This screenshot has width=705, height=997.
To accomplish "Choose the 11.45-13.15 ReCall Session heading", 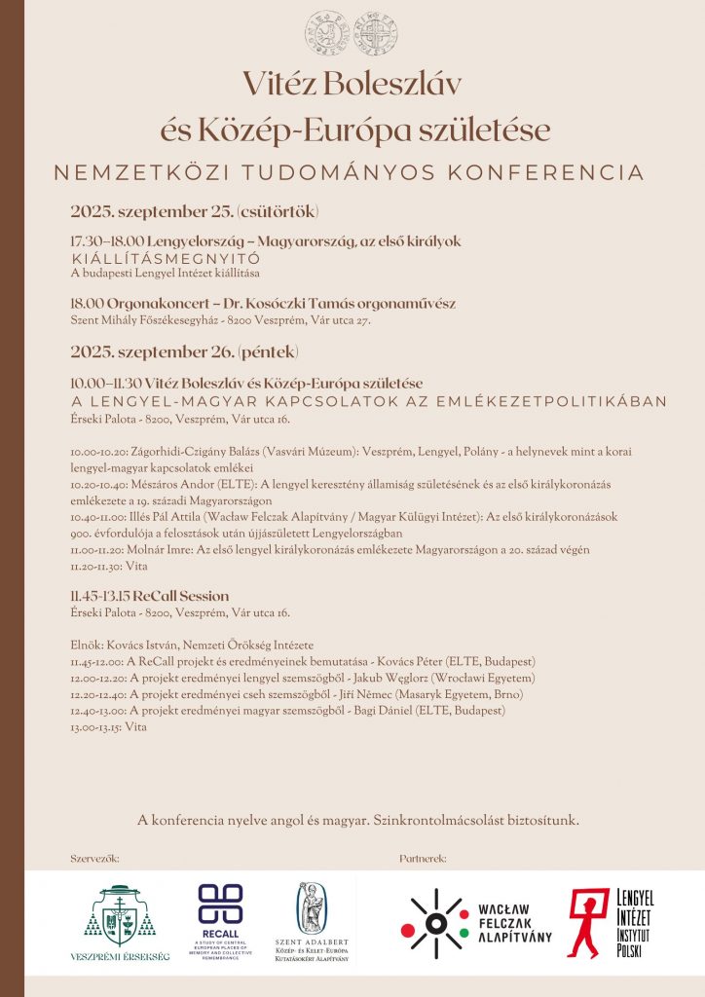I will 150,596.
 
